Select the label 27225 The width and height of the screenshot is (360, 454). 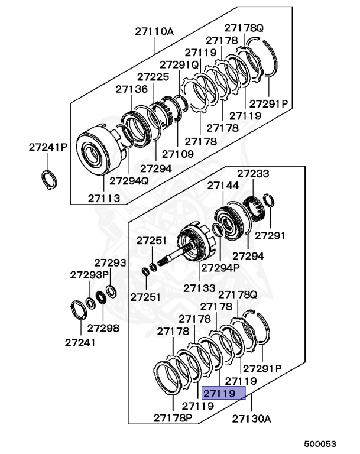pyautogui.click(x=153, y=77)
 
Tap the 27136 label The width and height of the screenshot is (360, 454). pyautogui.click(x=131, y=89)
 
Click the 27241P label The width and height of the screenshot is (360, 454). pyautogui.click(x=48, y=147)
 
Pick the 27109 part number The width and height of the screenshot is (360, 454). pyautogui.click(x=178, y=154)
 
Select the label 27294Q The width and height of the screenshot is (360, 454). pyautogui.click(x=129, y=180)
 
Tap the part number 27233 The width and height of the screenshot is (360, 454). pyautogui.click(x=253, y=174)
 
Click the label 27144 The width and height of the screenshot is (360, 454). pyautogui.click(x=223, y=186)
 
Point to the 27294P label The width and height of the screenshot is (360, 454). pyautogui.click(x=220, y=267)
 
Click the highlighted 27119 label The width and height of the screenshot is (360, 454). pyautogui.click(x=219, y=393)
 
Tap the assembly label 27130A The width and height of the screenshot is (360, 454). pyautogui.click(x=251, y=419)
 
